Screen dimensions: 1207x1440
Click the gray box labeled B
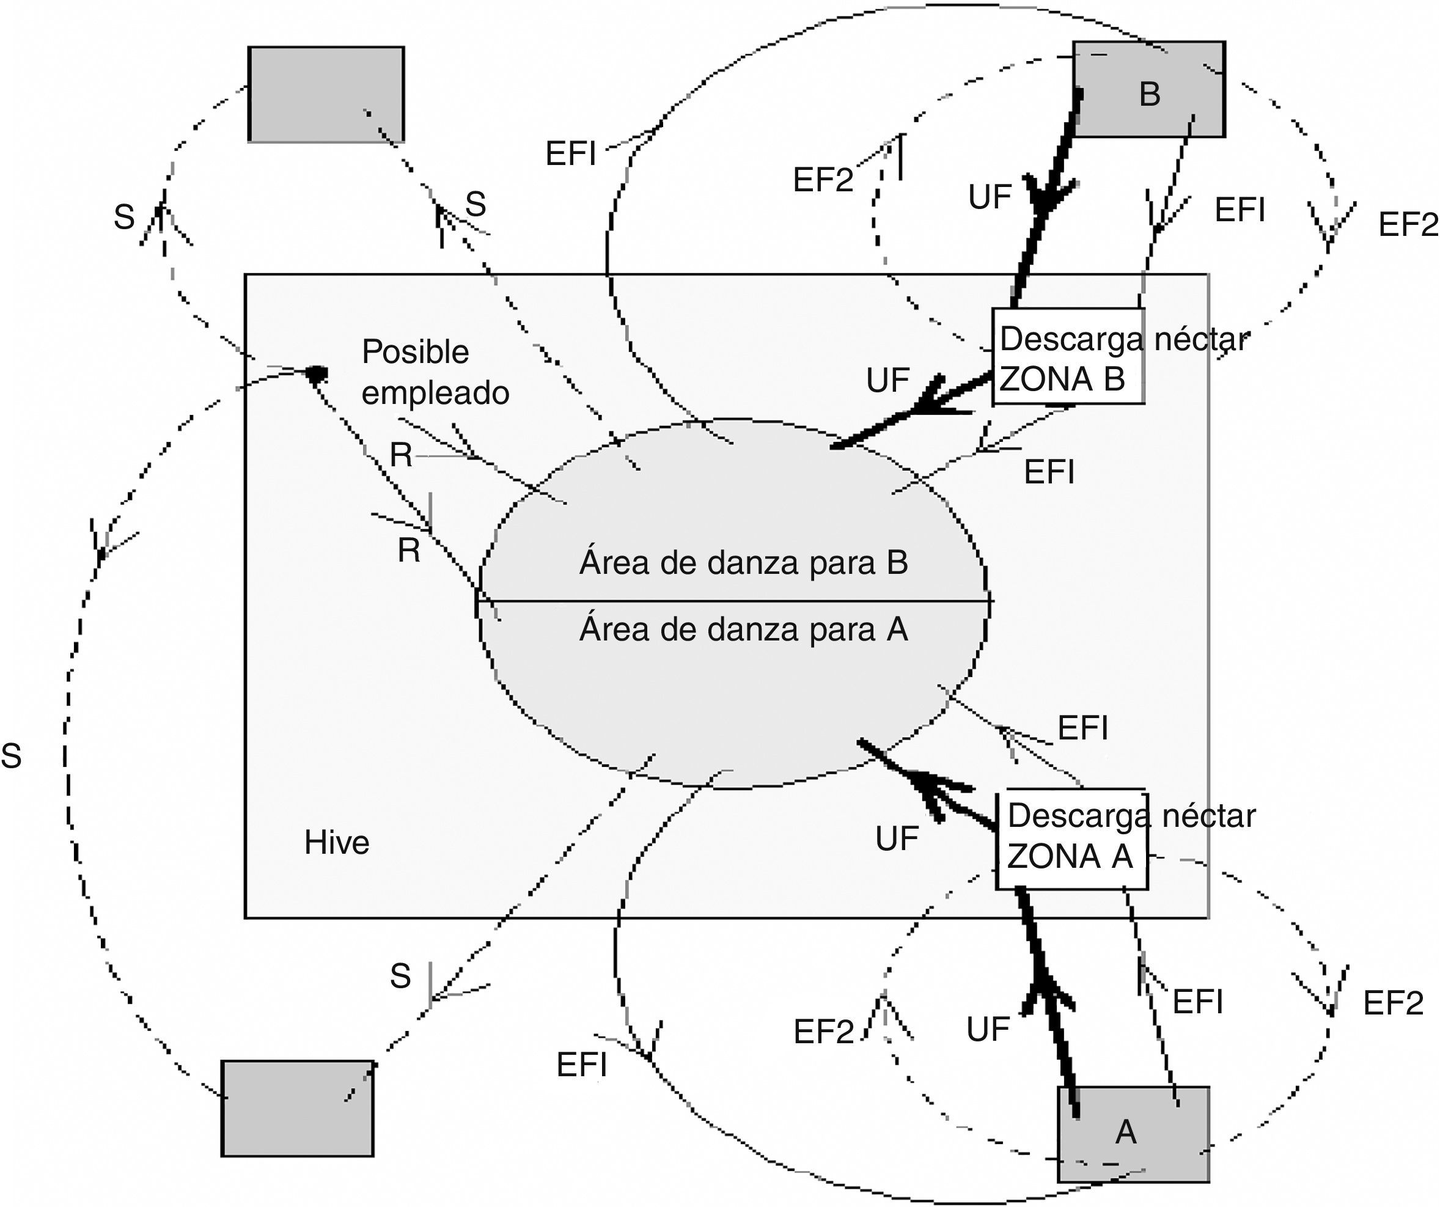tap(1149, 90)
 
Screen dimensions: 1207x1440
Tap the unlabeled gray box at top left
tap(326, 95)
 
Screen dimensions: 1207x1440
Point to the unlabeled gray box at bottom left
tap(298, 1108)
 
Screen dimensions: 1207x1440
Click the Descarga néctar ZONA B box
tap(1068, 357)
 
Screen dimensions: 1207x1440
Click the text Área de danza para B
tap(743, 563)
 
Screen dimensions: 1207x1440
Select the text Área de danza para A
tap(743, 629)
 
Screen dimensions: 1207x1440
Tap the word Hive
tap(337, 842)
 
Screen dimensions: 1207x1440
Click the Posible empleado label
tap(435, 372)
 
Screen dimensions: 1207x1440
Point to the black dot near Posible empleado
tap(316, 374)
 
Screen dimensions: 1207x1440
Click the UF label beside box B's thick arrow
tap(990, 197)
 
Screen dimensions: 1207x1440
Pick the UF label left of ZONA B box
tap(887, 381)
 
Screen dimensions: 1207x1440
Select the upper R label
tap(401, 455)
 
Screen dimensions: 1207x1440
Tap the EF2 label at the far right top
tap(1407, 225)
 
